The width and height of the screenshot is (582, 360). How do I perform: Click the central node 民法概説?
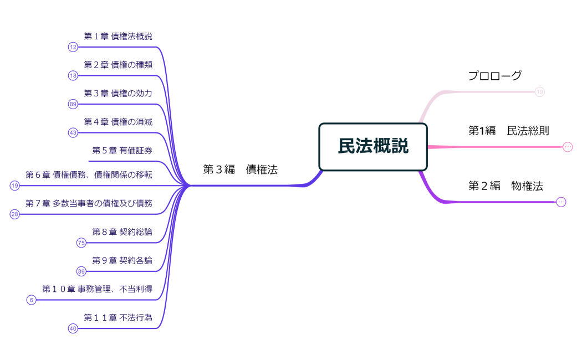[x=373, y=146]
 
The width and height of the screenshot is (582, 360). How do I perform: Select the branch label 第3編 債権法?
[x=240, y=170]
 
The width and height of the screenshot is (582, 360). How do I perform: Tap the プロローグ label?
[x=494, y=76]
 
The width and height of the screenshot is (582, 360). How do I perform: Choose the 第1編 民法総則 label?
[x=509, y=131]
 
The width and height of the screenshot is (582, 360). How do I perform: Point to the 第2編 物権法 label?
[x=506, y=186]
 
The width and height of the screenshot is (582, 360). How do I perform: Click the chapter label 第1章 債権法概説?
[x=118, y=36]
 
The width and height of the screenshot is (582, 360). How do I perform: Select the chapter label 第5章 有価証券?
[x=122, y=150]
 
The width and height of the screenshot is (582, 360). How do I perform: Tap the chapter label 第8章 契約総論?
[x=122, y=232]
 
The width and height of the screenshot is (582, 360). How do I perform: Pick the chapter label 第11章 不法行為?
[x=118, y=317]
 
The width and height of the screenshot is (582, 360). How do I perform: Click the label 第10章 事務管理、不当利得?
[x=97, y=289]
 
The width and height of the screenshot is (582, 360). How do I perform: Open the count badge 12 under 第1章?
[x=73, y=47]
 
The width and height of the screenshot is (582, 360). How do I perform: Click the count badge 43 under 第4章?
[x=73, y=133]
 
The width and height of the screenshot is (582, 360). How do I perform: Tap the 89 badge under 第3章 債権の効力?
[x=73, y=104]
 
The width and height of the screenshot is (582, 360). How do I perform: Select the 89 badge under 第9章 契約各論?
[x=81, y=271]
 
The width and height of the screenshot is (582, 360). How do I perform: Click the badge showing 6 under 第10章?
[x=32, y=300]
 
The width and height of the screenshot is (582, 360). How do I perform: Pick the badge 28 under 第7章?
[x=15, y=214]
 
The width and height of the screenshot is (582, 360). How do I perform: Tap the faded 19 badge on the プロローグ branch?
[x=540, y=92]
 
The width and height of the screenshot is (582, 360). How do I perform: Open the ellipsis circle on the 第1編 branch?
[x=568, y=147]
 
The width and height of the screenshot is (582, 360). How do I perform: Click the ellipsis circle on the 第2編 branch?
[x=561, y=202]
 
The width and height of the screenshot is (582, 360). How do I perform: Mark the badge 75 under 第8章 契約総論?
[x=81, y=243]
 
